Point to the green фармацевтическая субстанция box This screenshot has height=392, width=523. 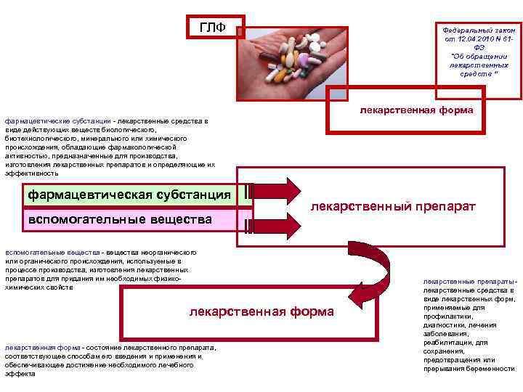click(x=129, y=195)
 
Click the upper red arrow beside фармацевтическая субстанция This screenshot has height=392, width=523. click(x=276, y=192)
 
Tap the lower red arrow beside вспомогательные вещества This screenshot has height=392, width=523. click(x=276, y=225)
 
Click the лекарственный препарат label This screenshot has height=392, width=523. click(x=393, y=207)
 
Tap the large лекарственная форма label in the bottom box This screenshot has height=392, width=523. click(x=261, y=311)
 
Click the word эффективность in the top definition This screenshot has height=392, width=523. click(x=32, y=173)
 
